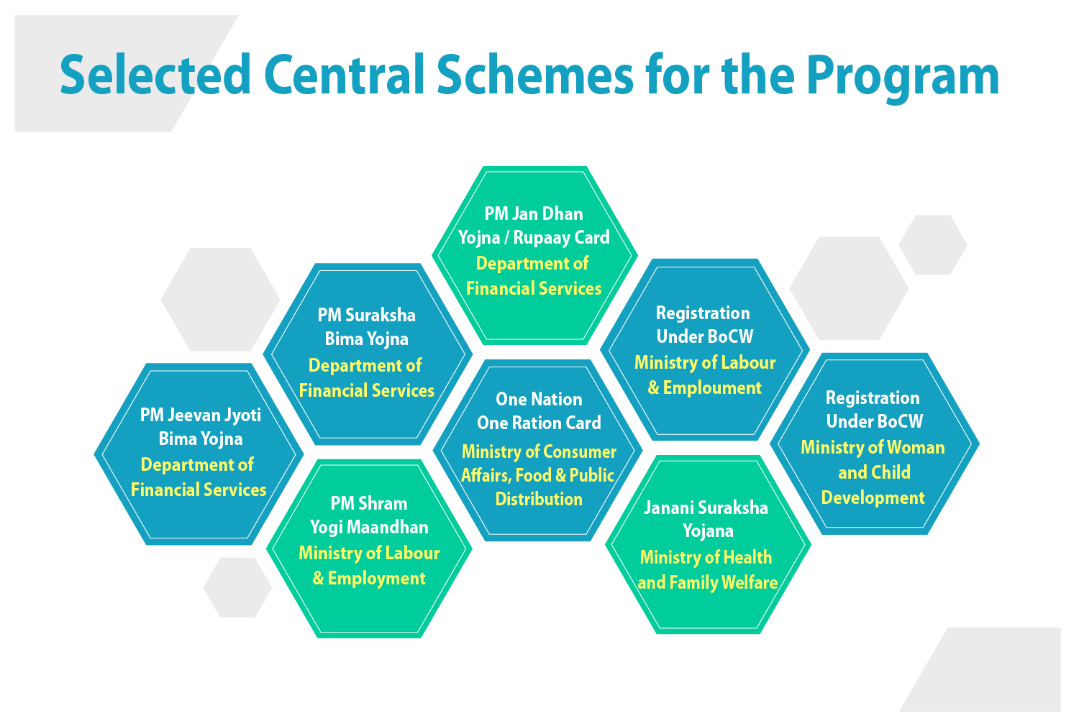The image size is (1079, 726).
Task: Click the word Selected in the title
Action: (155, 75)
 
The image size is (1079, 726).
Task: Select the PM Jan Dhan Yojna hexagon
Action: (534, 255)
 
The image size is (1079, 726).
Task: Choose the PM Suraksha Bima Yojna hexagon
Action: (367, 353)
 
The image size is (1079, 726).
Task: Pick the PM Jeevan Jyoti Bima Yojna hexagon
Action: (199, 454)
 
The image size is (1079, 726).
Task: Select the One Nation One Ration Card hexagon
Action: (538, 450)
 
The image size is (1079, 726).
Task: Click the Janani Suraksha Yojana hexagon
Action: (708, 544)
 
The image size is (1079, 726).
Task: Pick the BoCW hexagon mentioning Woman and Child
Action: (874, 444)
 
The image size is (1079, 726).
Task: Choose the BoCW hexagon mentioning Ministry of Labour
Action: (704, 349)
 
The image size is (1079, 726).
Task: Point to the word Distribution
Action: (539, 499)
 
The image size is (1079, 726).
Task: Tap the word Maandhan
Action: (388, 528)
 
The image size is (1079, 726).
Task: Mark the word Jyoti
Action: (242, 415)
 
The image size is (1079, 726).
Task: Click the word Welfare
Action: (750, 583)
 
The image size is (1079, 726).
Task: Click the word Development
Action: (873, 498)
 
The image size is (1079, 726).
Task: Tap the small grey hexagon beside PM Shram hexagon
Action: (237, 587)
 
